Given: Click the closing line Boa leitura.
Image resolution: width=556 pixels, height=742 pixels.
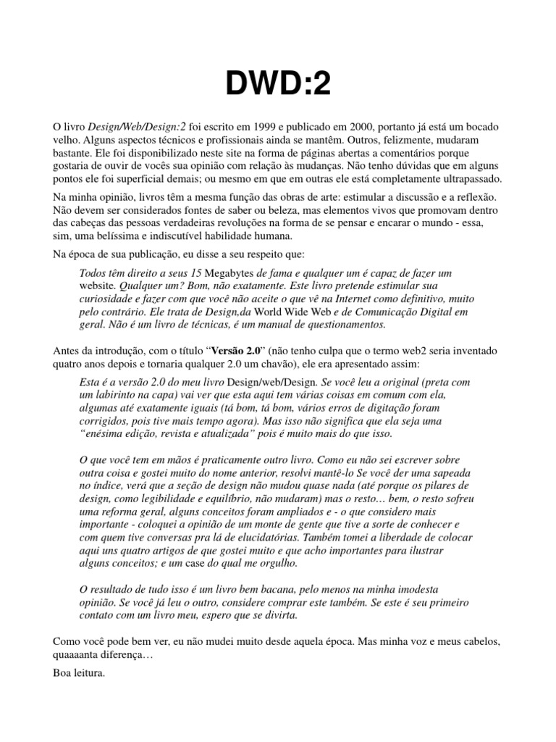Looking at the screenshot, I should point(78,672).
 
